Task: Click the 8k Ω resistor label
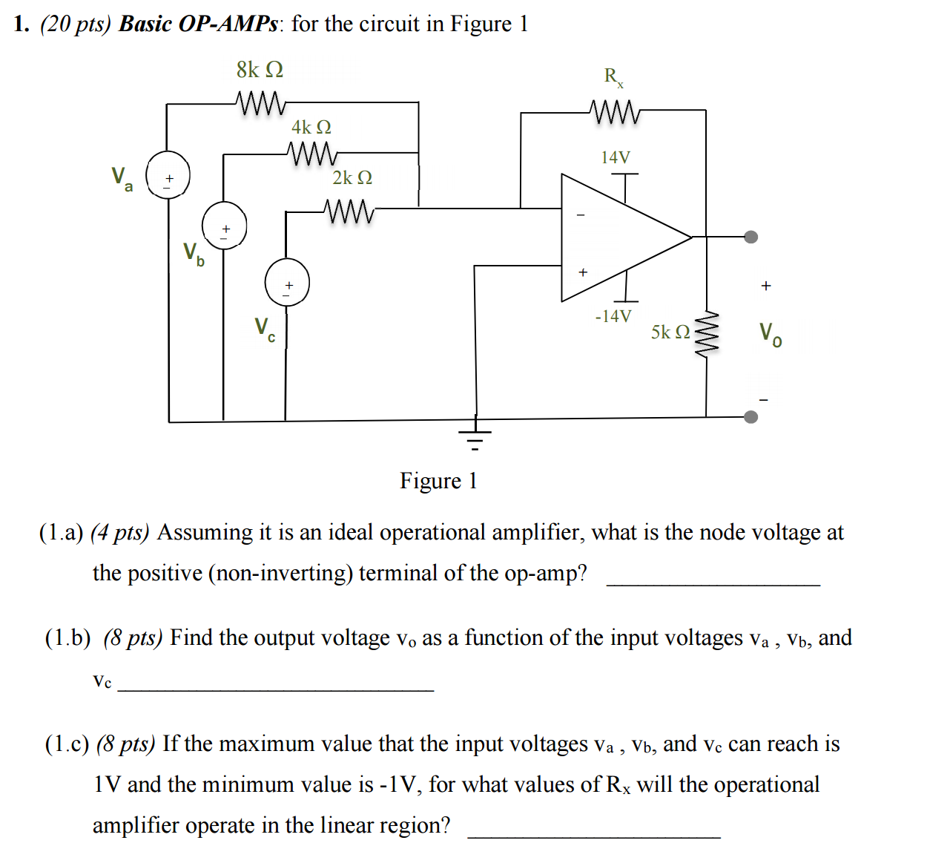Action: click(260, 70)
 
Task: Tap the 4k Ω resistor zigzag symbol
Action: click(312, 154)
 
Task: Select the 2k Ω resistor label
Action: click(352, 178)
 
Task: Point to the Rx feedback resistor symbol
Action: click(615, 112)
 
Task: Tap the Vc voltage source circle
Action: click(287, 282)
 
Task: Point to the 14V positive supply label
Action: click(616, 157)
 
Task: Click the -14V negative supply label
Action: click(613, 316)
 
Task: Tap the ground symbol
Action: click(475, 436)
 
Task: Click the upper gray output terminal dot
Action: click(751, 237)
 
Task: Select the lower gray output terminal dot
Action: click(751, 416)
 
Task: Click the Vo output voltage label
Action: click(770, 334)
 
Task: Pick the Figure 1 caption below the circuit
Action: click(438, 481)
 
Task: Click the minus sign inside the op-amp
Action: click(581, 215)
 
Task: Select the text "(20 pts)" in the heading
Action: click(75, 24)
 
